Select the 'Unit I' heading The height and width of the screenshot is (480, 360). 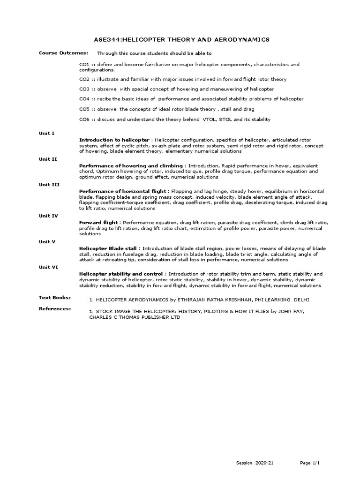(x=46, y=133)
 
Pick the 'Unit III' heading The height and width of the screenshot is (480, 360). (x=49, y=185)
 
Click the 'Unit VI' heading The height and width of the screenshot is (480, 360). (x=48, y=267)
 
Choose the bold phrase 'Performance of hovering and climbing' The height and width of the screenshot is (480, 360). (x=131, y=166)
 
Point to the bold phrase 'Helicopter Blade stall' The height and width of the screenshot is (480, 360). (x=109, y=248)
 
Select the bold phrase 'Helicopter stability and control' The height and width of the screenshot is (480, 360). (x=121, y=274)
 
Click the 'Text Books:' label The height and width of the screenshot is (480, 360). (x=54, y=298)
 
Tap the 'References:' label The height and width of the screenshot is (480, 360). (x=54, y=308)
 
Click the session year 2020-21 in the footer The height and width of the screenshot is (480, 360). (x=264, y=463)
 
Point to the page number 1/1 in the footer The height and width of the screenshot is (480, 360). (x=316, y=463)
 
